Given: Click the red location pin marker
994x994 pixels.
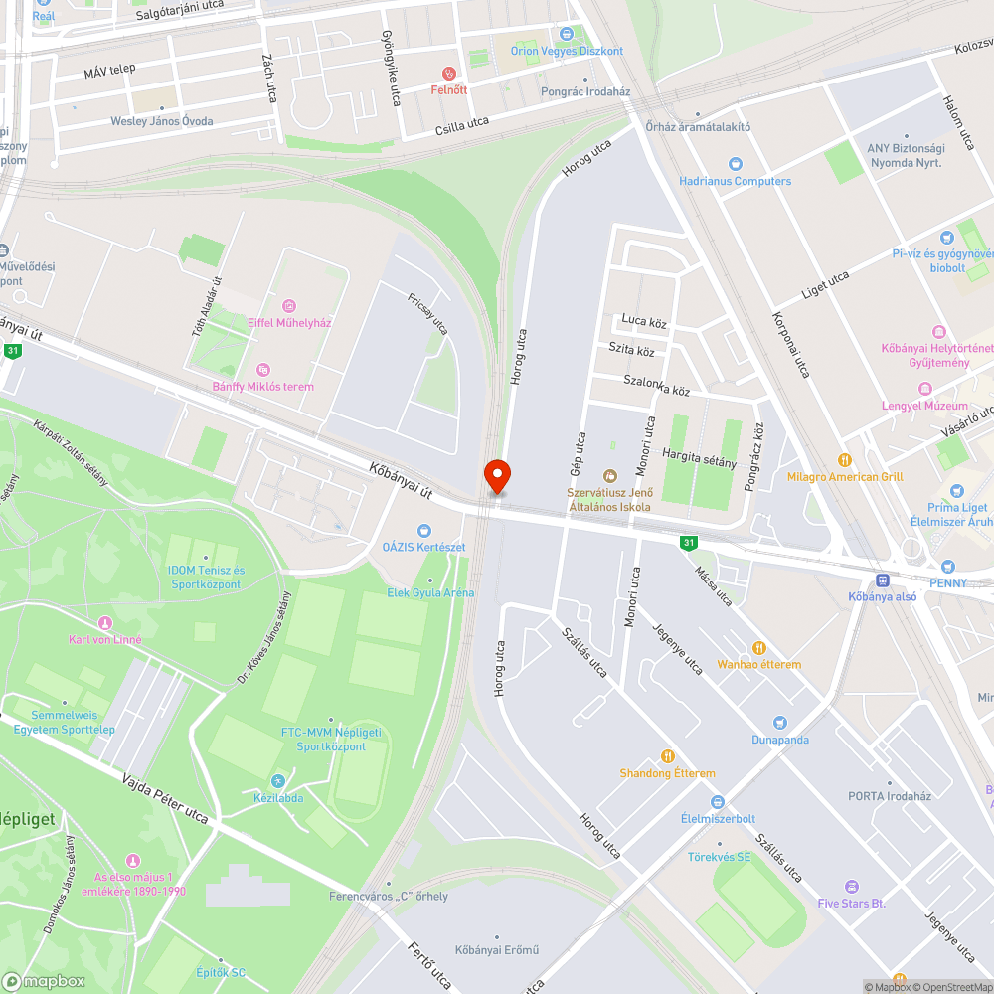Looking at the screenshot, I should [x=497, y=477].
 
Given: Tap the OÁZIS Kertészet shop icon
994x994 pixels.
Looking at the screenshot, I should [x=424, y=531].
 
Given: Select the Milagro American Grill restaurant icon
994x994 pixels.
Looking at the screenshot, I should [x=845, y=460].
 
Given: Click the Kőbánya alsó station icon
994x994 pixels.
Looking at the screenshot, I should [x=882, y=580].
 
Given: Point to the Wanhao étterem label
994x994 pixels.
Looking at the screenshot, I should [x=759, y=664].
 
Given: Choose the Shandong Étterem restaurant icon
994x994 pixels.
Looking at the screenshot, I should [x=668, y=756].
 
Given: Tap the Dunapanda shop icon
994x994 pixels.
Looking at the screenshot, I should [x=780, y=723].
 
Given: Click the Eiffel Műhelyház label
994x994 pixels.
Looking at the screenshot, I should [x=289, y=322].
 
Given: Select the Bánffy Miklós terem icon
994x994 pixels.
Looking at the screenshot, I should [x=262, y=369].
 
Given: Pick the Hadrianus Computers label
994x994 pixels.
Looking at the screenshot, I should [x=736, y=181].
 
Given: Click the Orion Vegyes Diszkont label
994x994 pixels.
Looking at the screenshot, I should [x=567, y=51].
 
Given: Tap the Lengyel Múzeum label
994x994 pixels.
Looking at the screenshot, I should [x=924, y=406].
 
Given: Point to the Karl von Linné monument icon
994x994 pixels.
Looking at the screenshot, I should [x=104, y=622].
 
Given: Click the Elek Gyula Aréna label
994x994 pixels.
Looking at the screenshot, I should [x=430, y=593].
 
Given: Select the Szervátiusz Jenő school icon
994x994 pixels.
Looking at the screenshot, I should [x=609, y=474].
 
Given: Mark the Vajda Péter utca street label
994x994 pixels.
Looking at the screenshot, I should [x=164, y=800].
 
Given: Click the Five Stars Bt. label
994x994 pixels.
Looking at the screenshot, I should [x=852, y=903].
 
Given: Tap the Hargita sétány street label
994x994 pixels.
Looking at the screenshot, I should [x=700, y=462].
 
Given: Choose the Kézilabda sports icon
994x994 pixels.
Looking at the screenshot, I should [x=277, y=780].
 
